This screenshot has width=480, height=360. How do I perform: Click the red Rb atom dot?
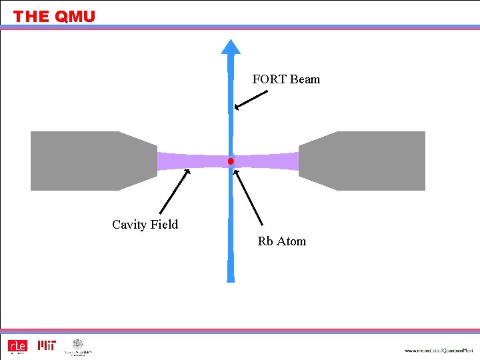[231, 161]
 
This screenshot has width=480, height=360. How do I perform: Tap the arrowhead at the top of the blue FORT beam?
[231, 47]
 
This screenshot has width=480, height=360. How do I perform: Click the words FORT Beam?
[286, 79]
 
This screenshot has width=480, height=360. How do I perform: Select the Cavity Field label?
[145, 225]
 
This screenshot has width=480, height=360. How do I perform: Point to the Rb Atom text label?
[281, 241]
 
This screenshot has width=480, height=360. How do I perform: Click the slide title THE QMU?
[54, 17]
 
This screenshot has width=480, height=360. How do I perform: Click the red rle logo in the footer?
[17, 346]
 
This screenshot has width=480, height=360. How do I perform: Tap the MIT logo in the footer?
[47, 345]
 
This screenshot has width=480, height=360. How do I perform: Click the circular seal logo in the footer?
[78, 345]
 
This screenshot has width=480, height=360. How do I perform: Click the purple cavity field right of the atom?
[267, 161]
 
